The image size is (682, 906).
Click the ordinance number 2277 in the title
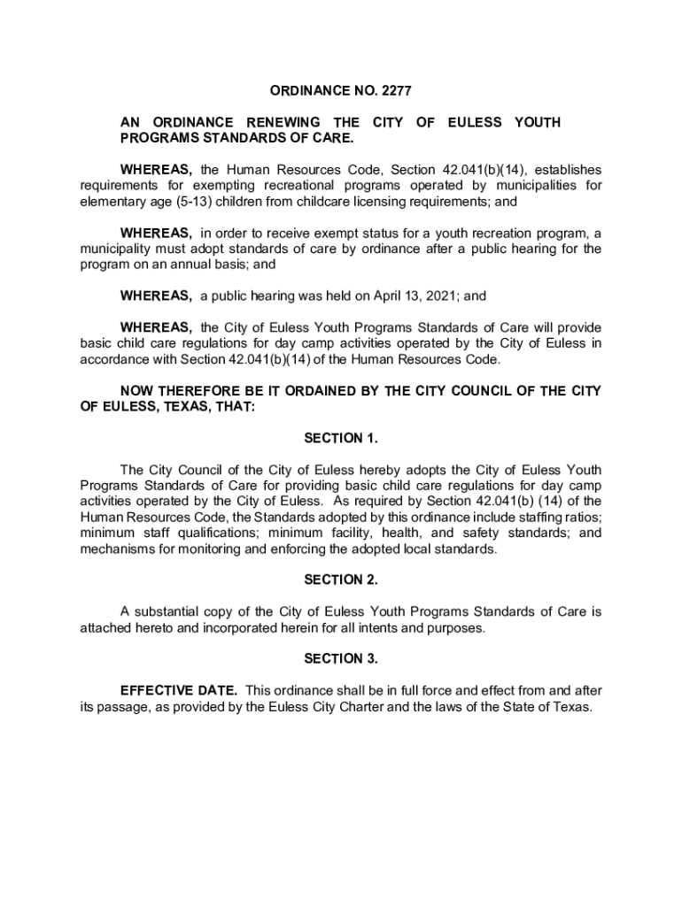396,91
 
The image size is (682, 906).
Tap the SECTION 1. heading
341,438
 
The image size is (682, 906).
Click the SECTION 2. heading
341,580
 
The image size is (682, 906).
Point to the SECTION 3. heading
341,659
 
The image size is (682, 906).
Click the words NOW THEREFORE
181,391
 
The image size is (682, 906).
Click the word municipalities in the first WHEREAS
532,185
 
